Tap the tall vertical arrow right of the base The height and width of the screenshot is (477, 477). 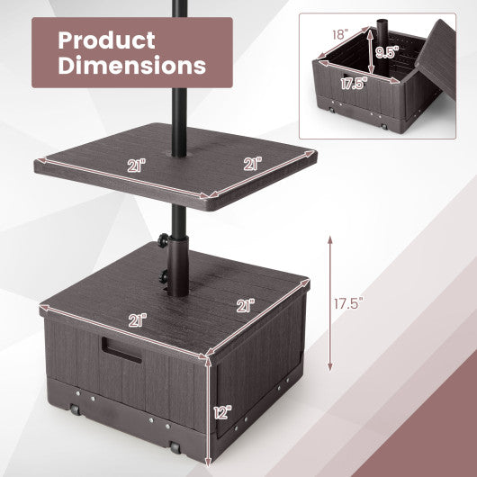click(331, 301)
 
